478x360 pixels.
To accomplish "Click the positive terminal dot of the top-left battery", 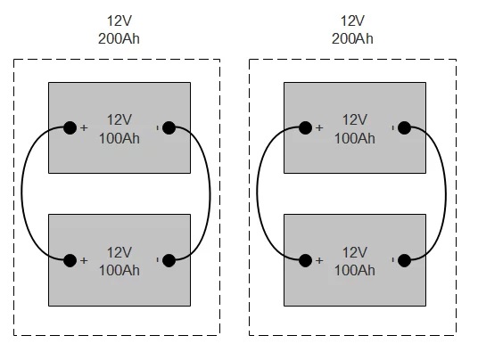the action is click(x=70, y=127).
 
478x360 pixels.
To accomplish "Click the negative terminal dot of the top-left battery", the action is click(x=169, y=127).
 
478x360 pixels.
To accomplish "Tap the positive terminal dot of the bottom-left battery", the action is click(x=70, y=260).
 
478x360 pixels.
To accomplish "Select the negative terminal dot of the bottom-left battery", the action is click(x=169, y=260).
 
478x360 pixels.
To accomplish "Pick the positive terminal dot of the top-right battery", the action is click(x=305, y=127).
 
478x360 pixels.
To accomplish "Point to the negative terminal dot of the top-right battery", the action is click(x=404, y=127).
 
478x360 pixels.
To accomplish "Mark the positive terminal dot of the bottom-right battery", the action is click(x=305, y=260).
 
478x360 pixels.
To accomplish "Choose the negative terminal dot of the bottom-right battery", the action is click(x=404, y=260).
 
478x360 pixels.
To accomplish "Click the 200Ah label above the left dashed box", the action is click(x=119, y=38).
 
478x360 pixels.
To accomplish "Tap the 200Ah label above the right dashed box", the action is click(x=352, y=38).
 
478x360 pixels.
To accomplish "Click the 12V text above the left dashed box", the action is click(x=119, y=20).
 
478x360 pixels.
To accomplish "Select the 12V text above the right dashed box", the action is click(x=352, y=20).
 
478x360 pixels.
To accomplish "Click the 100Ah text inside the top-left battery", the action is click(x=119, y=139).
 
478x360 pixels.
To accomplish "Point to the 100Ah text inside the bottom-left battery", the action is click(x=119, y=271).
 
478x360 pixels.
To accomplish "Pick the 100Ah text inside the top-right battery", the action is click(x=355, y=139).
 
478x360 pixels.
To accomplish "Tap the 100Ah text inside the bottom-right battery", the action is click(x=355, y=271).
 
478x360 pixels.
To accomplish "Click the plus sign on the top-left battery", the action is click(x=84, y=128).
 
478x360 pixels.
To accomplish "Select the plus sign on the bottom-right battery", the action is click(x=319, y=261).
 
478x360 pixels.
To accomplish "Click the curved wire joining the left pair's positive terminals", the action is click(x=21, y=192).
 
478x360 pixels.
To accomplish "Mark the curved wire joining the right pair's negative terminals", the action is click(x=445, y=195).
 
